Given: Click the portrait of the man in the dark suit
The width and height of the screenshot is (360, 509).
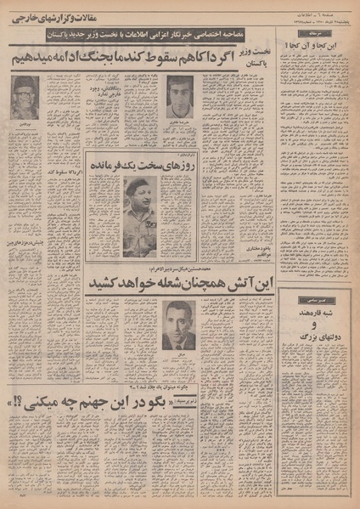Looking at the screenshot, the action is (x=179, y=325).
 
